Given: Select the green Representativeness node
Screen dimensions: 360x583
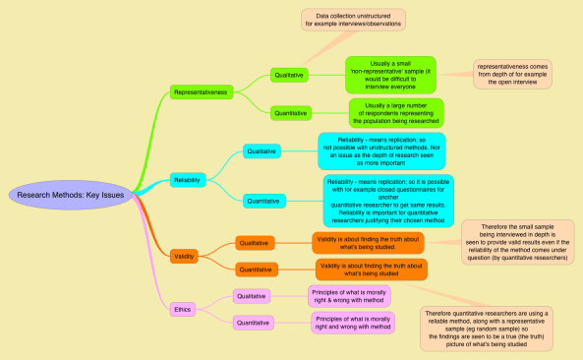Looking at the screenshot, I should coord(200,91).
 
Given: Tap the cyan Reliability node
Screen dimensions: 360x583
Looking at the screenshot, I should coord(186,180).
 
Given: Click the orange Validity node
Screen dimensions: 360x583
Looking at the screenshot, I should coord(184,256).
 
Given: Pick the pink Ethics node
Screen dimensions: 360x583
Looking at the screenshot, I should coord(183,309).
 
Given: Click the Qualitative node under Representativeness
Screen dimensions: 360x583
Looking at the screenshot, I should coord(290,74).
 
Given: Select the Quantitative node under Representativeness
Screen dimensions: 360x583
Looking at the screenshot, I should coord(291,112).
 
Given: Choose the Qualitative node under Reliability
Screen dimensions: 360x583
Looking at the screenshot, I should coord(262,150).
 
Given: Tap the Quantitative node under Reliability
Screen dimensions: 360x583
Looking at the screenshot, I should coord(263,201).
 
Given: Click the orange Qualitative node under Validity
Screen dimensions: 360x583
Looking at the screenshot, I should coord(254,242).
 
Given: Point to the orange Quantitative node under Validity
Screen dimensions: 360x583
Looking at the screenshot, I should coord(256,268).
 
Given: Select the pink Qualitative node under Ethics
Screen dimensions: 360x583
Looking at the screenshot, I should coord(252,295).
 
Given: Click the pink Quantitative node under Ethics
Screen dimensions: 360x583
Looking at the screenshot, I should coord(254,322).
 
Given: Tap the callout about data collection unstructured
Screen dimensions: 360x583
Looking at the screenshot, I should coord(352,19).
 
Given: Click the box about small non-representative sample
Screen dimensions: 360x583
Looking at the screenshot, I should coord(390,73).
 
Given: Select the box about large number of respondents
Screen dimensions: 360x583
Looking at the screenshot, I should coord(395,112).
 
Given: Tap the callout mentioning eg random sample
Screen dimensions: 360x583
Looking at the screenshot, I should coord(487,329).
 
